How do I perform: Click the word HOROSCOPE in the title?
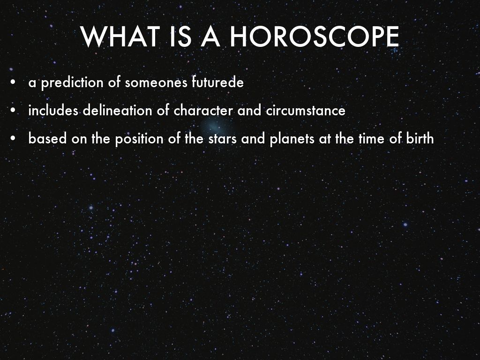[315, 37]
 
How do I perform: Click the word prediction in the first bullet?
[72, 83]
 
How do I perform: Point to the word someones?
[156, 82]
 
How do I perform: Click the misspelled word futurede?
[217, 82]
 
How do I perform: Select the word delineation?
[117, 110]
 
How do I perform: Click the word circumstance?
[306, 110]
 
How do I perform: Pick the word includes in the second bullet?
[53, 110]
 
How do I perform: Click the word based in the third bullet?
[47, 139]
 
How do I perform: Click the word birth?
[420, 139]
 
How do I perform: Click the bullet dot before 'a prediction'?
[13, 82]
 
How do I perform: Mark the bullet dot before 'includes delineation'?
[13, 110]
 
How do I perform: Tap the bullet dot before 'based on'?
[13, 139]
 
